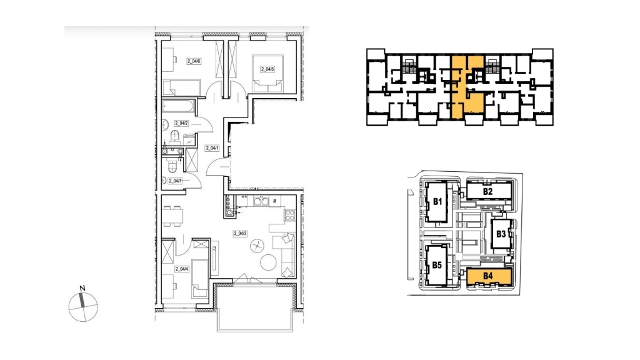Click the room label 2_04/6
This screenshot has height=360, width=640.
pos(194,61)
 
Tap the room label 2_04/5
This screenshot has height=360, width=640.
pos(267,69)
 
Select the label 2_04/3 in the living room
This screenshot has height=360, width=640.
pos(241,234)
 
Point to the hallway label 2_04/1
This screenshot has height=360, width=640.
pos(212,148)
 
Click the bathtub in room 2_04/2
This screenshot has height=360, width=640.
pos(178,106)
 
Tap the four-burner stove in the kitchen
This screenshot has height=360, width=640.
pos(290,215)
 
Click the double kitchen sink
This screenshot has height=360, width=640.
pos(260,201)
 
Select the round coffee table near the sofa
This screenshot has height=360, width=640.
pos(269,262)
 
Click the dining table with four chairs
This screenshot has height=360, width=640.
pos(172,216)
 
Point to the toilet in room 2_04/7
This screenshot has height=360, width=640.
pos(171,166)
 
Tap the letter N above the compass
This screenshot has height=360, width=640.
pos(82,288)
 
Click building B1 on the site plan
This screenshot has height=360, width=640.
pos(437,202)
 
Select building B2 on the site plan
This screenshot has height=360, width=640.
pos(488,191)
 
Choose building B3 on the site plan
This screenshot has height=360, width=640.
pos(501,234)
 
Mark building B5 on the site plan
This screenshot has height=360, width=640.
pos(437,265)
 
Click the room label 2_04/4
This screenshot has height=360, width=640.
pos(182,269)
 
